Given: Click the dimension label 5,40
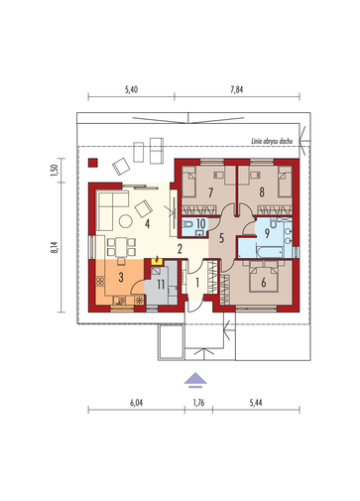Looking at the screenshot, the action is point(131,89).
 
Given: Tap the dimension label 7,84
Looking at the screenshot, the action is point(237,89).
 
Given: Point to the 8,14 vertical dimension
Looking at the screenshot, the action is point(55,247).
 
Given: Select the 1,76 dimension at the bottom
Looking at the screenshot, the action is point(198,403).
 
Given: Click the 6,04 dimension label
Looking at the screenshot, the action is point(136,403).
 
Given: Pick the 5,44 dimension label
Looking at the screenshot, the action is point(256,403).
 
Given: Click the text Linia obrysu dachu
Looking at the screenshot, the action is point(272,141).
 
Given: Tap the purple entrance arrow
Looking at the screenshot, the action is point(195,380).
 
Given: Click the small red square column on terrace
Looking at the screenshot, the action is point(93,163).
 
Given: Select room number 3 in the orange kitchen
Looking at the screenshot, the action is point(121,277).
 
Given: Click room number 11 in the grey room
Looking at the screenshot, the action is point(161,284).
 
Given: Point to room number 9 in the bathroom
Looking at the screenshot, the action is point(267,234).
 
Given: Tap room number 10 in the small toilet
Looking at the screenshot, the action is point(200,223).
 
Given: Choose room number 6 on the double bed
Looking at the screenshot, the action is point(264,283).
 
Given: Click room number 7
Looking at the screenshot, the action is point(210,192).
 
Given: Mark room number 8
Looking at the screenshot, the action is point(262,192).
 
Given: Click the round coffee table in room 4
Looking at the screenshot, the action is point(126,221).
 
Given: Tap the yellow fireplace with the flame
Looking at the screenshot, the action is point(157,261).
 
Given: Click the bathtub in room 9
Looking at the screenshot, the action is point(270,252).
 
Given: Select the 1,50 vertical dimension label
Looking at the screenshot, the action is point(55,171).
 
